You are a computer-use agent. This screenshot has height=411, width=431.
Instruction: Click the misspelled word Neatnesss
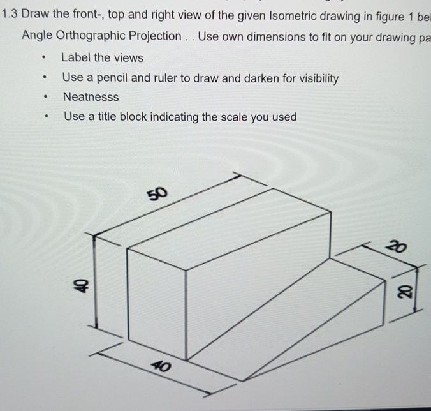91,98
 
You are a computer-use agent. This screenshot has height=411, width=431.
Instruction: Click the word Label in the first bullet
76,57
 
